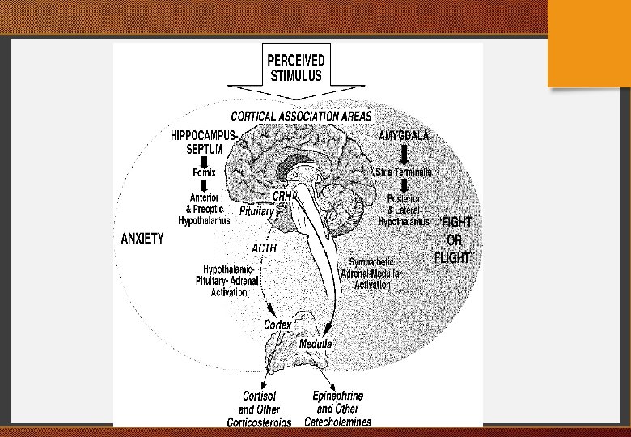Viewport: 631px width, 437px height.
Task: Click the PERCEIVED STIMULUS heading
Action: [296, 67]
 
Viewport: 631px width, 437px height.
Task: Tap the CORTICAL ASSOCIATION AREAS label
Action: [302, 116]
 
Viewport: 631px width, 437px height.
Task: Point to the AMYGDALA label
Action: [404, 136]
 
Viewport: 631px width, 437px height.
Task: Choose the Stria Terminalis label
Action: [403, 172]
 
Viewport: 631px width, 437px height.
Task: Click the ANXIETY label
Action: [142, 238]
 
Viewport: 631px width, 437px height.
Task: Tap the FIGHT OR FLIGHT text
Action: [454, 240]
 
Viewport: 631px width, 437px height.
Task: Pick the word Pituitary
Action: [257, 210]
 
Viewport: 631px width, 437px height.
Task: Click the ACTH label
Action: [264, 248]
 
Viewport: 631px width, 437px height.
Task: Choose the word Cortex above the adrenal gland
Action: [277, 325]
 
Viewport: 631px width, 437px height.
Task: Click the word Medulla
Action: [316, 343]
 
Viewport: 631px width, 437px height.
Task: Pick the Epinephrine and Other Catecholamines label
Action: [337, 409]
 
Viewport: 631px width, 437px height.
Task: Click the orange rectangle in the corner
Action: [589, 43]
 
